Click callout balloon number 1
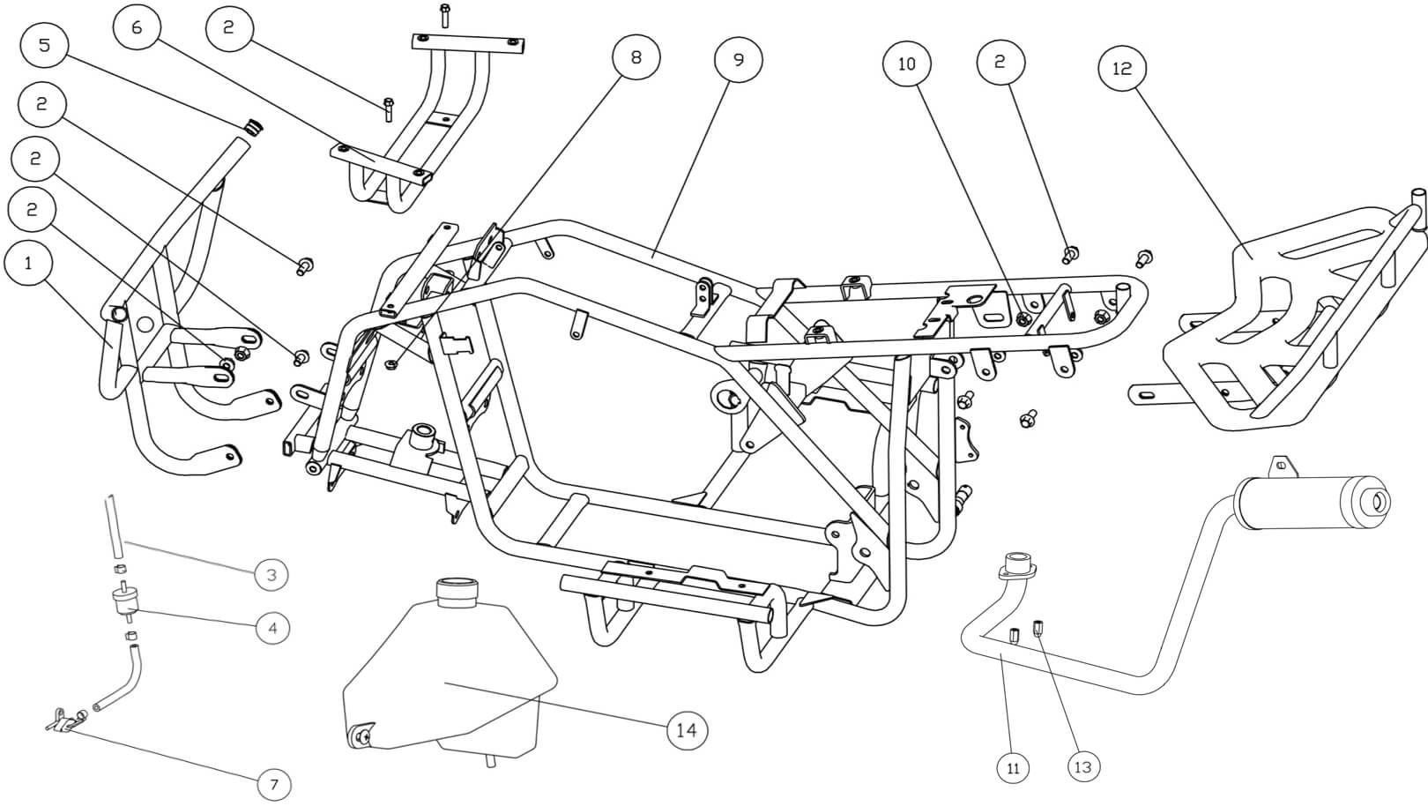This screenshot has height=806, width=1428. (x=28, y=263)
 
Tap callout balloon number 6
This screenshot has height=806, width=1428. (x=137, y=27)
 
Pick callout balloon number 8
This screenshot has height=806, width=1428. (x=636, y=57)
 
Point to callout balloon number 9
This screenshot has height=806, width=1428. (x=739, y=59)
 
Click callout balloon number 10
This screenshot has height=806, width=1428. (x=907, y=63)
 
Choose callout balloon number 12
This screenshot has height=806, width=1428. (x=1122, y=68)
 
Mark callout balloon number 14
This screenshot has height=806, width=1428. (x=687, y=730)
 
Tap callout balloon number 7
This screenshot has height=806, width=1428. (x=274, y=784)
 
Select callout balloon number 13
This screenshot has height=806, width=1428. (x=1082, y=767)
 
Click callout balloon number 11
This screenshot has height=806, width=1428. (x=1013, y=768)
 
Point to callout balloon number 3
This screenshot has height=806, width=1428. (x=271, y=575)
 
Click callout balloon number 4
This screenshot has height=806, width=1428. (x=272, y=628)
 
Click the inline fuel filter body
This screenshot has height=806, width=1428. (x=125, y=603)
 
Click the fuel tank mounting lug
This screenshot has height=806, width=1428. (x=361, y=735)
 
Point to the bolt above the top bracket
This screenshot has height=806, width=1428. (x=444, y=15)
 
